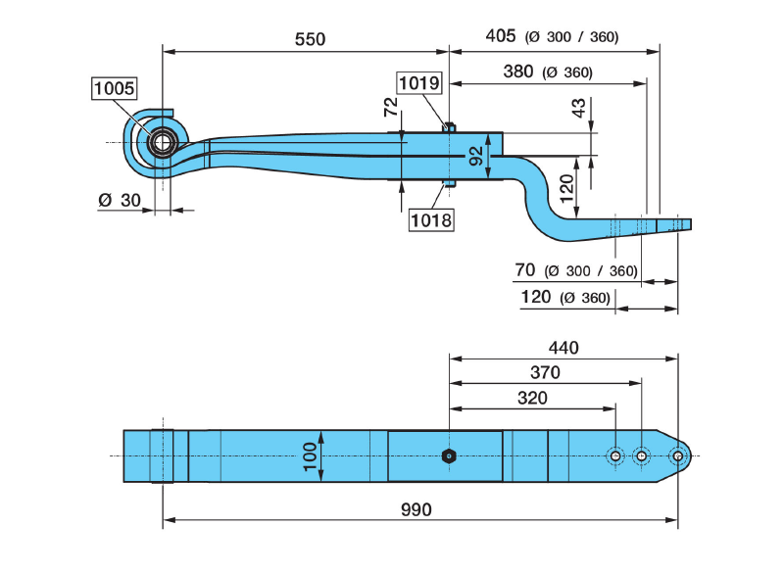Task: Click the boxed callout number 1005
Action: click(x=114, y=89)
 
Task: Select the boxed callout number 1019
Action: click(x=419, y=83)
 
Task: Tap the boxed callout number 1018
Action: click(x=431, y=219)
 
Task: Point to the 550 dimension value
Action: click(x=310, y=39)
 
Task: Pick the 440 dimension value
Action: click(x=563, y=347)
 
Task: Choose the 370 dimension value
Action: click(x=544, y=372)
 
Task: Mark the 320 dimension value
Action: click(x=531, y=398)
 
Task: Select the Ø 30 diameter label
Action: click(x=120, y=201)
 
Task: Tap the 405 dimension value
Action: click(x=500, y=36)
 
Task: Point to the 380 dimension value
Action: click(x=517, y=71)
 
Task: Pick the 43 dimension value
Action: click(x=579, y=109)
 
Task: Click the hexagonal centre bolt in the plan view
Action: click(x=448, y=455)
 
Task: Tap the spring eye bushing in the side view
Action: click(x=160, y=143)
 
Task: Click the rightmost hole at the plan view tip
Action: click(x=677, y=455)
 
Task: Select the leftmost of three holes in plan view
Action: click(x=614, y=455)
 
